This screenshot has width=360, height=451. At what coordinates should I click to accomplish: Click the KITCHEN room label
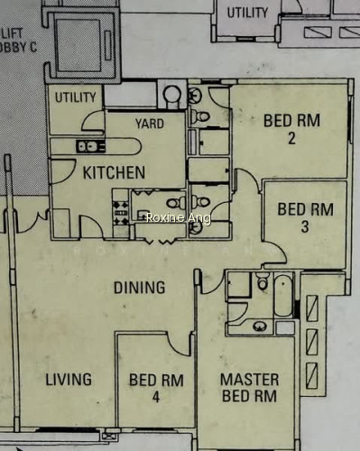114,172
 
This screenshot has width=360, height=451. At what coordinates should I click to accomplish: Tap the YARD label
150,124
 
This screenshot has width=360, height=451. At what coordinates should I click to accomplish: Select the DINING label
140,288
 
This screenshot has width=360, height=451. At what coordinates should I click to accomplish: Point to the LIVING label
69,379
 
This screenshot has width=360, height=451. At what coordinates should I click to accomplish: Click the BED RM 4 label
156,388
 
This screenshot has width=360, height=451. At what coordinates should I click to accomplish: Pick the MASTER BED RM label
249,388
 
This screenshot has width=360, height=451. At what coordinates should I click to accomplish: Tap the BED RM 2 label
291,129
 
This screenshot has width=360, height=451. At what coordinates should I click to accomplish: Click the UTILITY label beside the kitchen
76,97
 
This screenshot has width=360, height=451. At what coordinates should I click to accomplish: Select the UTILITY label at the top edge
247,13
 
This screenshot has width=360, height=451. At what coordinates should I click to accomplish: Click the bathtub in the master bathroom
283,296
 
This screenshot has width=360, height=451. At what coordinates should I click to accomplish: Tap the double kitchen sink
91,147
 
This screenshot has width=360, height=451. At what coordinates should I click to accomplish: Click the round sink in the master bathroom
260,327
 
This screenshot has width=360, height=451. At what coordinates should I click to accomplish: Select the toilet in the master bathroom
263,281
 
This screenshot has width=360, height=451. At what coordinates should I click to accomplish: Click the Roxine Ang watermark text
179,217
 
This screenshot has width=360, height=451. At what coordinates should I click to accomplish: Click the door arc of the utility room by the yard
93,120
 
